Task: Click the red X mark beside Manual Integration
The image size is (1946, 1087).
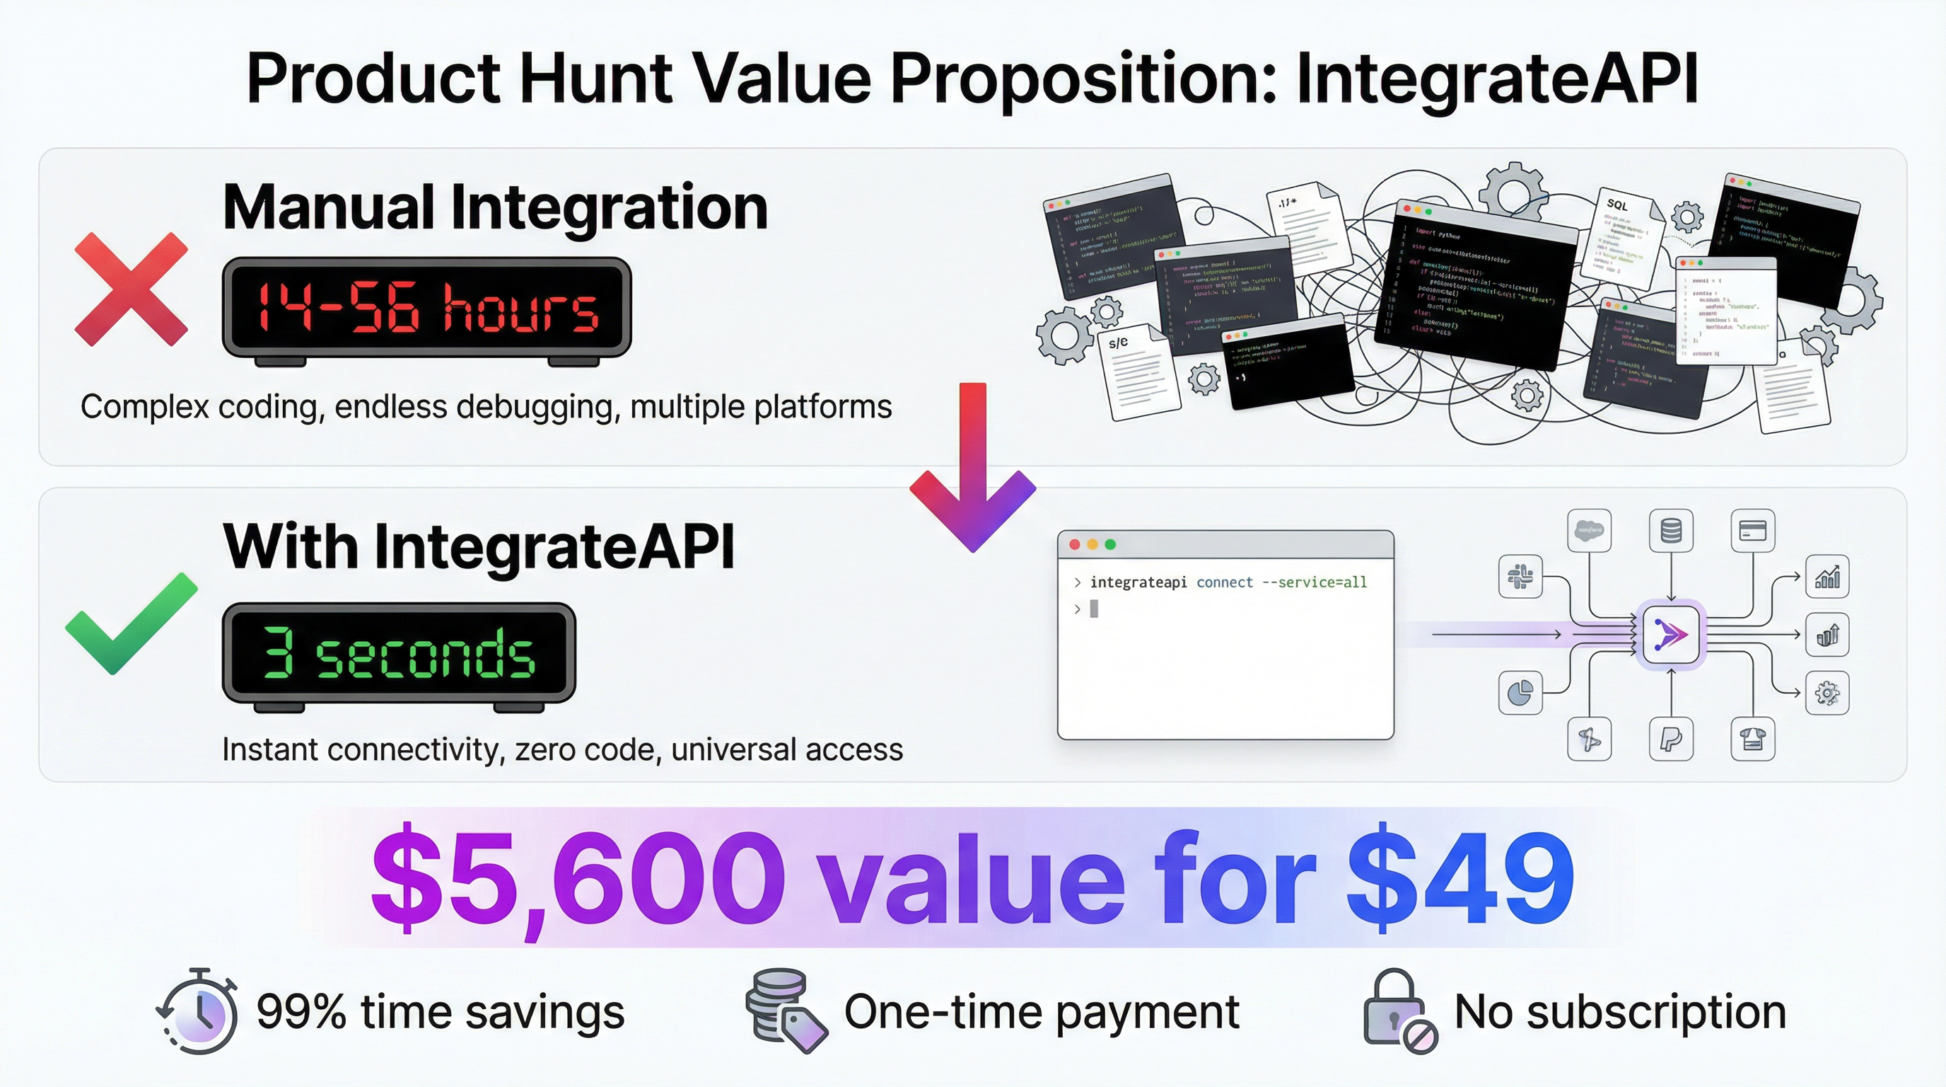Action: [131, 289]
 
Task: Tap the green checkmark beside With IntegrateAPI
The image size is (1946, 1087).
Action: [131, 624]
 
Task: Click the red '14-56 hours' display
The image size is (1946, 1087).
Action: [427, 307]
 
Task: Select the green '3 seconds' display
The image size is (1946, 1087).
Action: [399, 653]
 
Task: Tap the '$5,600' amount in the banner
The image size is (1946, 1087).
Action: [578, 878]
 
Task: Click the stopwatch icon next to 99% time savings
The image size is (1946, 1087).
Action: [199, 1011]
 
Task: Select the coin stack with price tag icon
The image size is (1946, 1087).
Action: [784, 1010]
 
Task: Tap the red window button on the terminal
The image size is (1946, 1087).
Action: [1074, 544]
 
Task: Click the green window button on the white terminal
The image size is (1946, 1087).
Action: [1109, 544]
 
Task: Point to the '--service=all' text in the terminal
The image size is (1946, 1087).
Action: [1315, 582]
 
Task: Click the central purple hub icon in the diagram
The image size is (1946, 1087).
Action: [1670, 634]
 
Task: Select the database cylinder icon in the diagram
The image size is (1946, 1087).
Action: [1671, 531]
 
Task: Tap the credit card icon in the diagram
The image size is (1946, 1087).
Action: [1752, 531]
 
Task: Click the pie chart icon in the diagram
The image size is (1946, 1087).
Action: [1520, 692]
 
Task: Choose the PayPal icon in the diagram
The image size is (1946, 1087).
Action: [1671, 740]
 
